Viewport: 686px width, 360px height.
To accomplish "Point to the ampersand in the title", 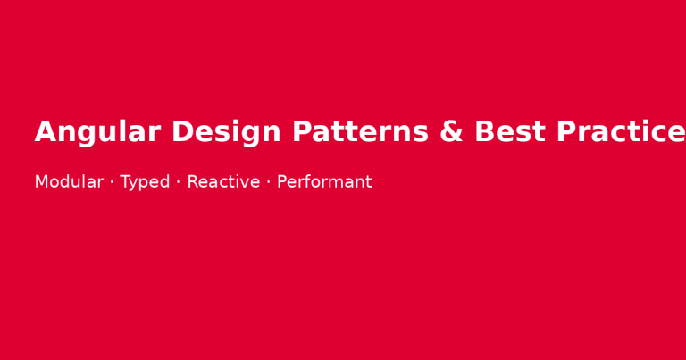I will pos(452,132).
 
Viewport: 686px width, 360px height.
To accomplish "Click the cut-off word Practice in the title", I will pos(621,132).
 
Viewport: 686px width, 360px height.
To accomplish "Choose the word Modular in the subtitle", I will pos(69,182).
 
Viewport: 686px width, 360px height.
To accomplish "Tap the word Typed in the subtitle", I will pos(145,182).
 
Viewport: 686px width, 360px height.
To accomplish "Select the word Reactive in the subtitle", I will pos(223,182).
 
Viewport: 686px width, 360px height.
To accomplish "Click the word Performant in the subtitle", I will pos(324,182).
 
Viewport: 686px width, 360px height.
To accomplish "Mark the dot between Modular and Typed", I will pos(112,182).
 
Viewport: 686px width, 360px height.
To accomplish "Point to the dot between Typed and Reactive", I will pos(178,182).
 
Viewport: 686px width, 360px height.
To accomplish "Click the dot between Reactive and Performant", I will pos(268,182).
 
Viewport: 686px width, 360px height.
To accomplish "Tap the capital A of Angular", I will pos(46,132).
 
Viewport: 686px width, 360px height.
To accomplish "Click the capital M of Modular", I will pos(41,182).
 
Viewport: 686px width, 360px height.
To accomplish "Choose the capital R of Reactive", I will pos(193,182).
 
